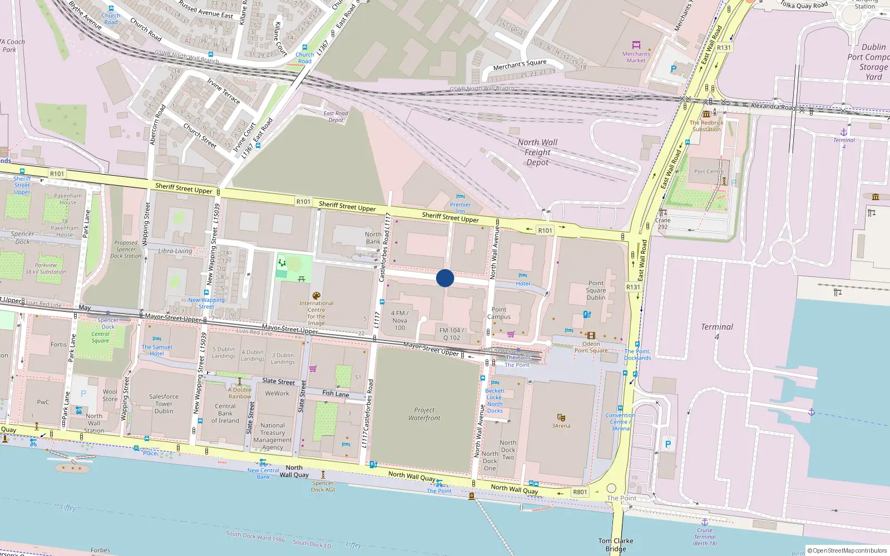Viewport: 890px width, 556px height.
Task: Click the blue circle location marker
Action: click(445, 278)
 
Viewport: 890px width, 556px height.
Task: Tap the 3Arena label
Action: click(561, 426)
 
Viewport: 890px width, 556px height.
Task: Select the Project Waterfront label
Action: click(424, 414)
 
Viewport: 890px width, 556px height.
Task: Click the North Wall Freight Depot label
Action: click(537, 152)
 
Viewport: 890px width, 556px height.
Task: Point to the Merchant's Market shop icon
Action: click(636, 45)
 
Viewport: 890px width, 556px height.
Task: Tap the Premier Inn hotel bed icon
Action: click(460, 196)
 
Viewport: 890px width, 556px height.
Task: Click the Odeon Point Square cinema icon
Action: click(591, 335)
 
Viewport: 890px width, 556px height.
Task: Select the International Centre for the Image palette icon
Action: click(316, 296)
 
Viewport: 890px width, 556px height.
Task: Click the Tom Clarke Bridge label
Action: click(615, 545)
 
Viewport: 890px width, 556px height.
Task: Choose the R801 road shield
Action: click(580, 492)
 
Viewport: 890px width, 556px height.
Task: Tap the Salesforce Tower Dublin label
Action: click(164, 404)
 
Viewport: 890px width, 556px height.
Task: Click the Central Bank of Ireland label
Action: click(225, 413)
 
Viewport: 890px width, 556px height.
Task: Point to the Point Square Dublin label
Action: click(596, 290)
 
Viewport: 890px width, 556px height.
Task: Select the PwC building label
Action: click(43, 402)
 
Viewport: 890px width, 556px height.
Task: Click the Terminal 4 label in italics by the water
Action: click(716, 331)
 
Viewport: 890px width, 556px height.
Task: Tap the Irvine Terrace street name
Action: click(224, 91)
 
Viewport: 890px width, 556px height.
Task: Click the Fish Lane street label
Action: click(336, 394)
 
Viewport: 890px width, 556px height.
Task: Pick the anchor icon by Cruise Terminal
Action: click(704, 522)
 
